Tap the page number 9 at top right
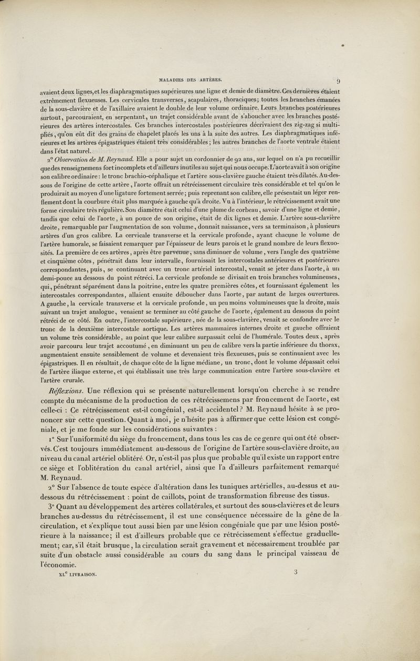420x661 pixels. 340,81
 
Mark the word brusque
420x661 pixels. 124,543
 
